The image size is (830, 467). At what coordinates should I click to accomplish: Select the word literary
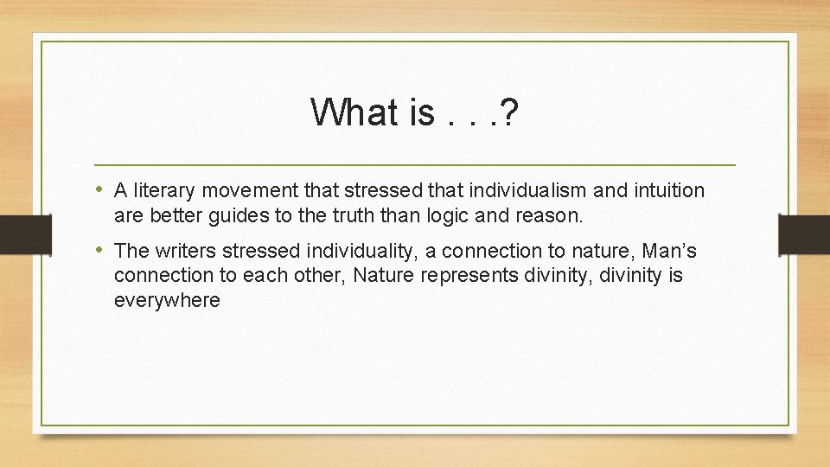[161, 190]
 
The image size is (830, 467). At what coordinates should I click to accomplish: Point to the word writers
[182, 251]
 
